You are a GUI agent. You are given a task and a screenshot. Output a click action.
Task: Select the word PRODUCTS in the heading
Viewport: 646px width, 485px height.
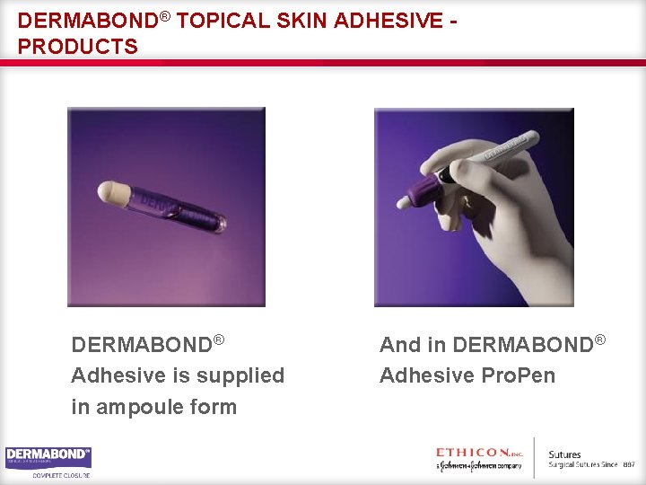(x=78, y=46)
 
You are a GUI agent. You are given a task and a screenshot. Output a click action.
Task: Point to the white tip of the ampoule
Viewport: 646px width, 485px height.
(x=113, y=192)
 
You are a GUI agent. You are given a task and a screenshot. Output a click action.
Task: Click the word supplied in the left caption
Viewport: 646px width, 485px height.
(x=240, y=375)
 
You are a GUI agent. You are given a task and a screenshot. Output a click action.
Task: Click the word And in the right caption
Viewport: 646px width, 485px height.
(x=400, y=345)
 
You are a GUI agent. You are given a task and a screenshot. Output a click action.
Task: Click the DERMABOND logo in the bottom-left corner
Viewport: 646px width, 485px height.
(x=48, y=456)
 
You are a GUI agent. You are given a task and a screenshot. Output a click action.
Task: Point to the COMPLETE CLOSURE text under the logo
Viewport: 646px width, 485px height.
(x=62, y=475)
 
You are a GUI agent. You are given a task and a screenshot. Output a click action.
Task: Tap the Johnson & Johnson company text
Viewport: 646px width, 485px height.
(x=479, y=465)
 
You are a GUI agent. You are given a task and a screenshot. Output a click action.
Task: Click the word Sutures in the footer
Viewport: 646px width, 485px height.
(x=565, y=454)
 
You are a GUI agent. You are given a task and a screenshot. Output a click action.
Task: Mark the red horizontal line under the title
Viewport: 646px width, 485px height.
(x=323, y=62)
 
